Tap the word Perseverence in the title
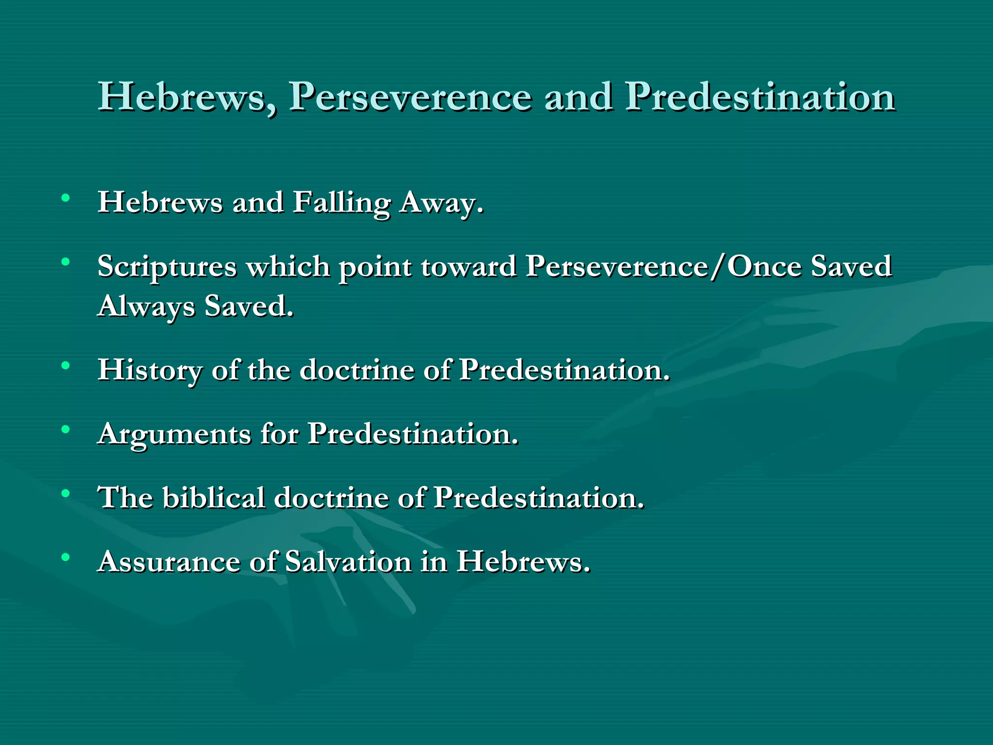coord(410,97)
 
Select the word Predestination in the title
coord(760,97)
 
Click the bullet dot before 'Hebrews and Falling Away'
coord(65,198)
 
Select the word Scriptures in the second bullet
coord(167,267)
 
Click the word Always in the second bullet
coord(145,307)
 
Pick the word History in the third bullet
coord(149,370)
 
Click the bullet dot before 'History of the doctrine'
coord(65,365)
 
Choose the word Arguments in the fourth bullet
coord(174,434)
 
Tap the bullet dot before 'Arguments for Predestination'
coord(65,429)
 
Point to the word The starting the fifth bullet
coord(125,498)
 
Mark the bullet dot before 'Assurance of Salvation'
coord(65,557)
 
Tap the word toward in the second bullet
coord(468,267)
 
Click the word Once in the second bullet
coord(764,267)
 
